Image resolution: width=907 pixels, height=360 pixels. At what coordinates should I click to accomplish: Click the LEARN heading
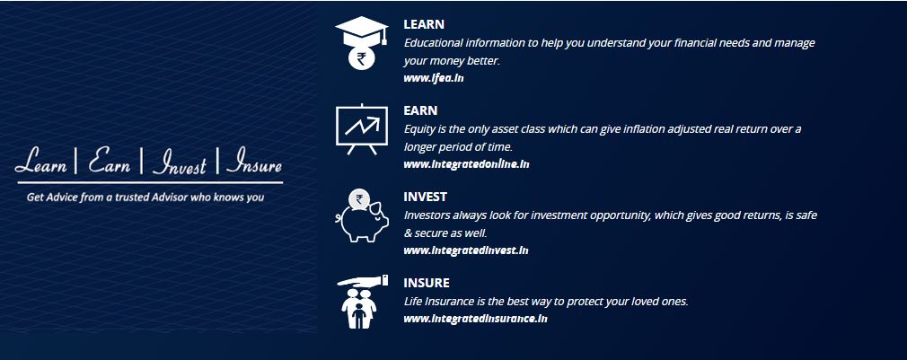pyautogui.click(x=424, y=24)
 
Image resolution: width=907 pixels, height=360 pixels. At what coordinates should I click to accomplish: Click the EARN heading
pyautogui.click(x=420, y=110)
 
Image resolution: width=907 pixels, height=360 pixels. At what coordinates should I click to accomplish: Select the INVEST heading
pyautogui.click(x=425, y=197)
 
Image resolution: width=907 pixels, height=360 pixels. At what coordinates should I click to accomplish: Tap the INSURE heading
pyautogui.click(x=427, y=283)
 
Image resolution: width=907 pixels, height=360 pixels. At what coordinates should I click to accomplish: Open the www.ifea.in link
pyautogui.click(x=433, y=78)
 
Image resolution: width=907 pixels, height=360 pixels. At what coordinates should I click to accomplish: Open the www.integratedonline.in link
pyautogui.click(x=466, y=164)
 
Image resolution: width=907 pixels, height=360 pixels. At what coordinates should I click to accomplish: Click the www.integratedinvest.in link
pyautogui.click(x=466, y=250)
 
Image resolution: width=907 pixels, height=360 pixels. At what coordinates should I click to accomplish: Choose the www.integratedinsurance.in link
pyautogui.click(x=475, y=319)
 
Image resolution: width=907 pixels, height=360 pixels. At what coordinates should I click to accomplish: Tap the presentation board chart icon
pyautogui.click(x=362, y=129)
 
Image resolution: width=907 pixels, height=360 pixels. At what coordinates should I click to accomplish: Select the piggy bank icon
pyautogui.click(x=362, y=216)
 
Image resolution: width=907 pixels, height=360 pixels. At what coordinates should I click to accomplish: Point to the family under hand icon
pyautogui.click(x=362, y=302)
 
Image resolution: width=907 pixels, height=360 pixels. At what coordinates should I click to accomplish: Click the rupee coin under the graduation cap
pyautogui.click(x=362, y=57)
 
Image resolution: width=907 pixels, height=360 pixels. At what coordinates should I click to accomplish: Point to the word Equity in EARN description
pyautogui.click(x=418, y=129)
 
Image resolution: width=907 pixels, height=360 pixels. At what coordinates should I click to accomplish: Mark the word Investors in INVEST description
pyautogui.click(x=427, y=215)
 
